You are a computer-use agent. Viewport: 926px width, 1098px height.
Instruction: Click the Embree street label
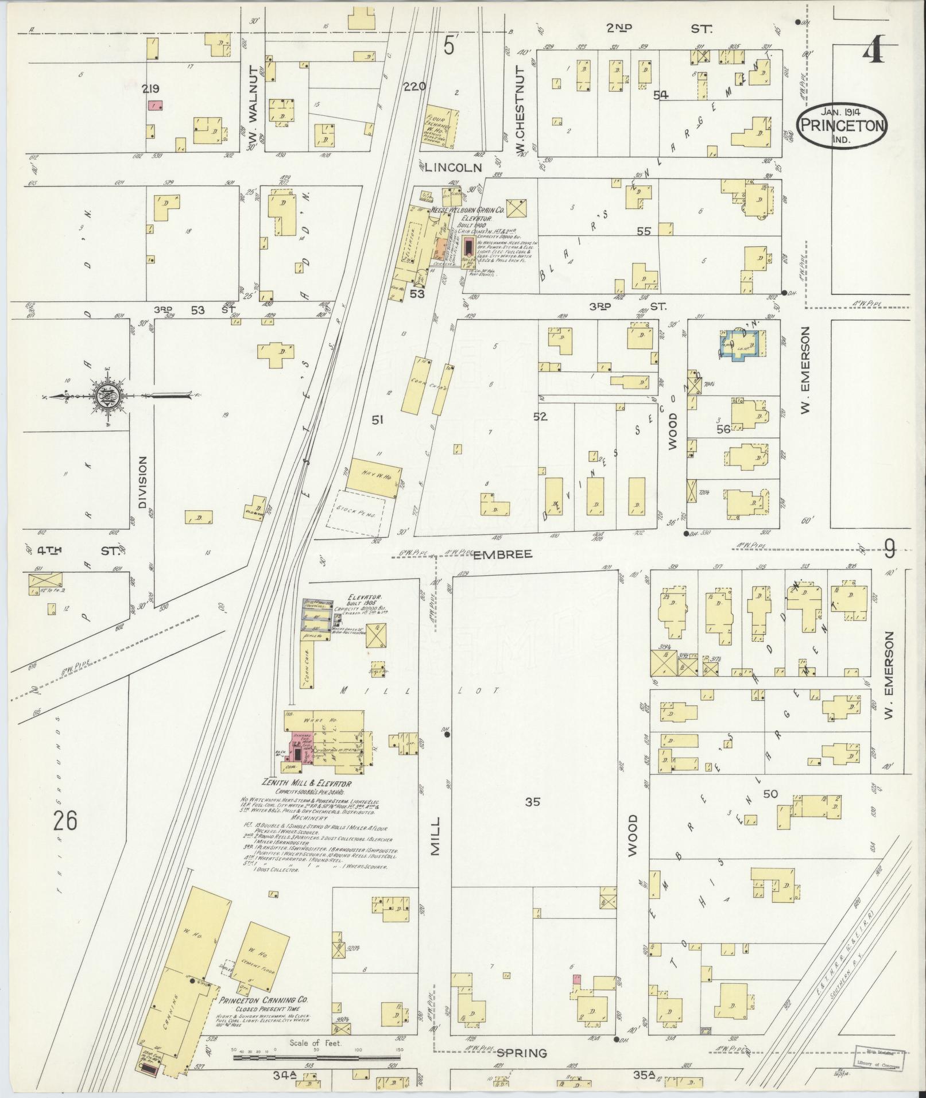point(503,554)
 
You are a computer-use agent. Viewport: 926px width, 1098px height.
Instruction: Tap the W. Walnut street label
point(252,122)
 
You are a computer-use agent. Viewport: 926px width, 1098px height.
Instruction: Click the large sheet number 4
point(873,52)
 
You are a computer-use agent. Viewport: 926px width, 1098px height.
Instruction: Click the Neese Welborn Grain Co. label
point(467,211)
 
